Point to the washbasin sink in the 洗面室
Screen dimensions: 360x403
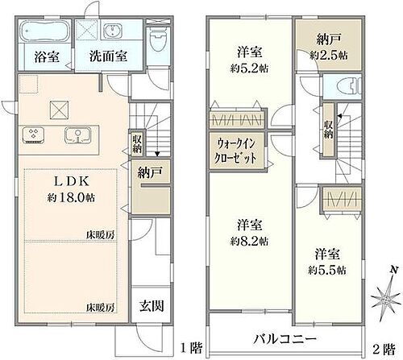(x=112, y=31)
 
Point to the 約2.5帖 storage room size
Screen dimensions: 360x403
(x=328, y=56)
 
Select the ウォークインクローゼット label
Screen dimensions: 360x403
(x=236, y=151)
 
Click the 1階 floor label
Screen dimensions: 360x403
(x=190, y=348)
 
